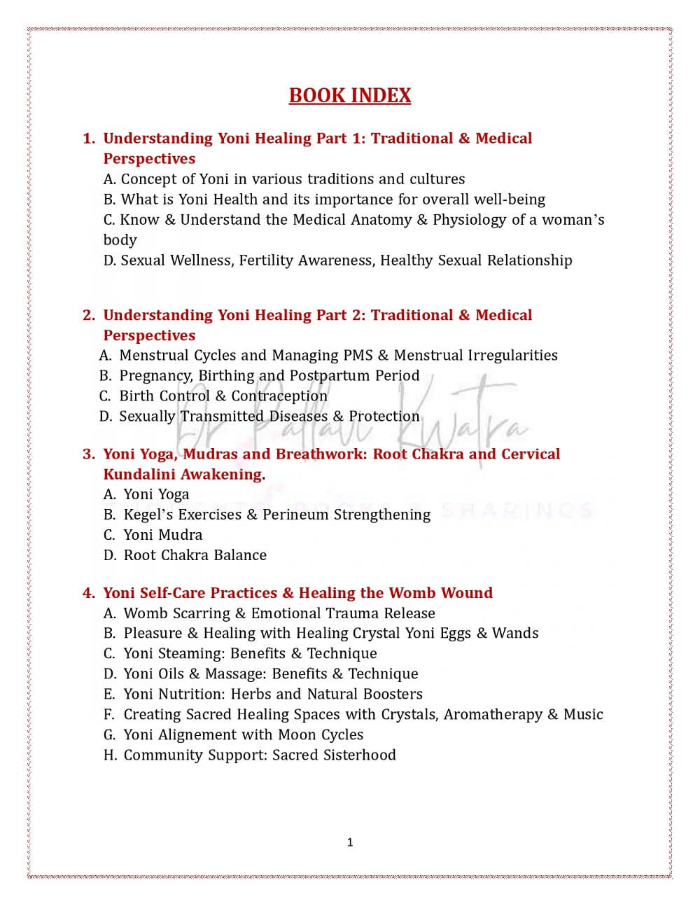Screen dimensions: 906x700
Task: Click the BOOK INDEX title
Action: (x=350, y=96)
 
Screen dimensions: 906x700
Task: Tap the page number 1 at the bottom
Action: (x=350, y=842)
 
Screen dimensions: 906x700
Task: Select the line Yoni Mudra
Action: (x=162, y=535)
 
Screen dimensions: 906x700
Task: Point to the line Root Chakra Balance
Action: (x=195, y=555)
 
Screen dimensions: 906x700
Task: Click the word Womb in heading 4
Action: (x=411, y=593)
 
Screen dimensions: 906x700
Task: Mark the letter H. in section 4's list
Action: (x=110, y=755)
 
